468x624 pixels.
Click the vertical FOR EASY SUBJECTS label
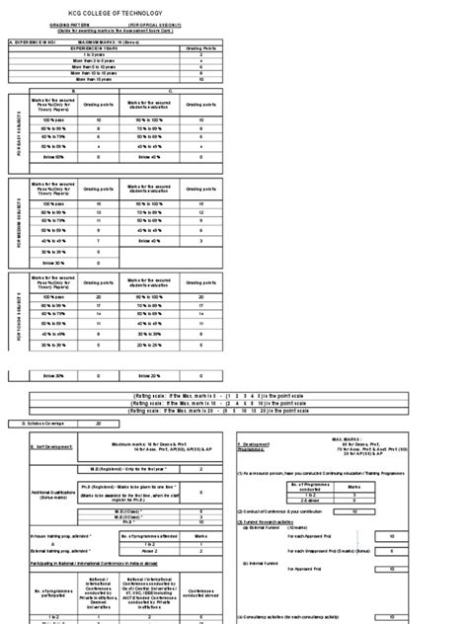[16, 139]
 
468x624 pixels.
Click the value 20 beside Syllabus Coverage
[97, 423]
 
